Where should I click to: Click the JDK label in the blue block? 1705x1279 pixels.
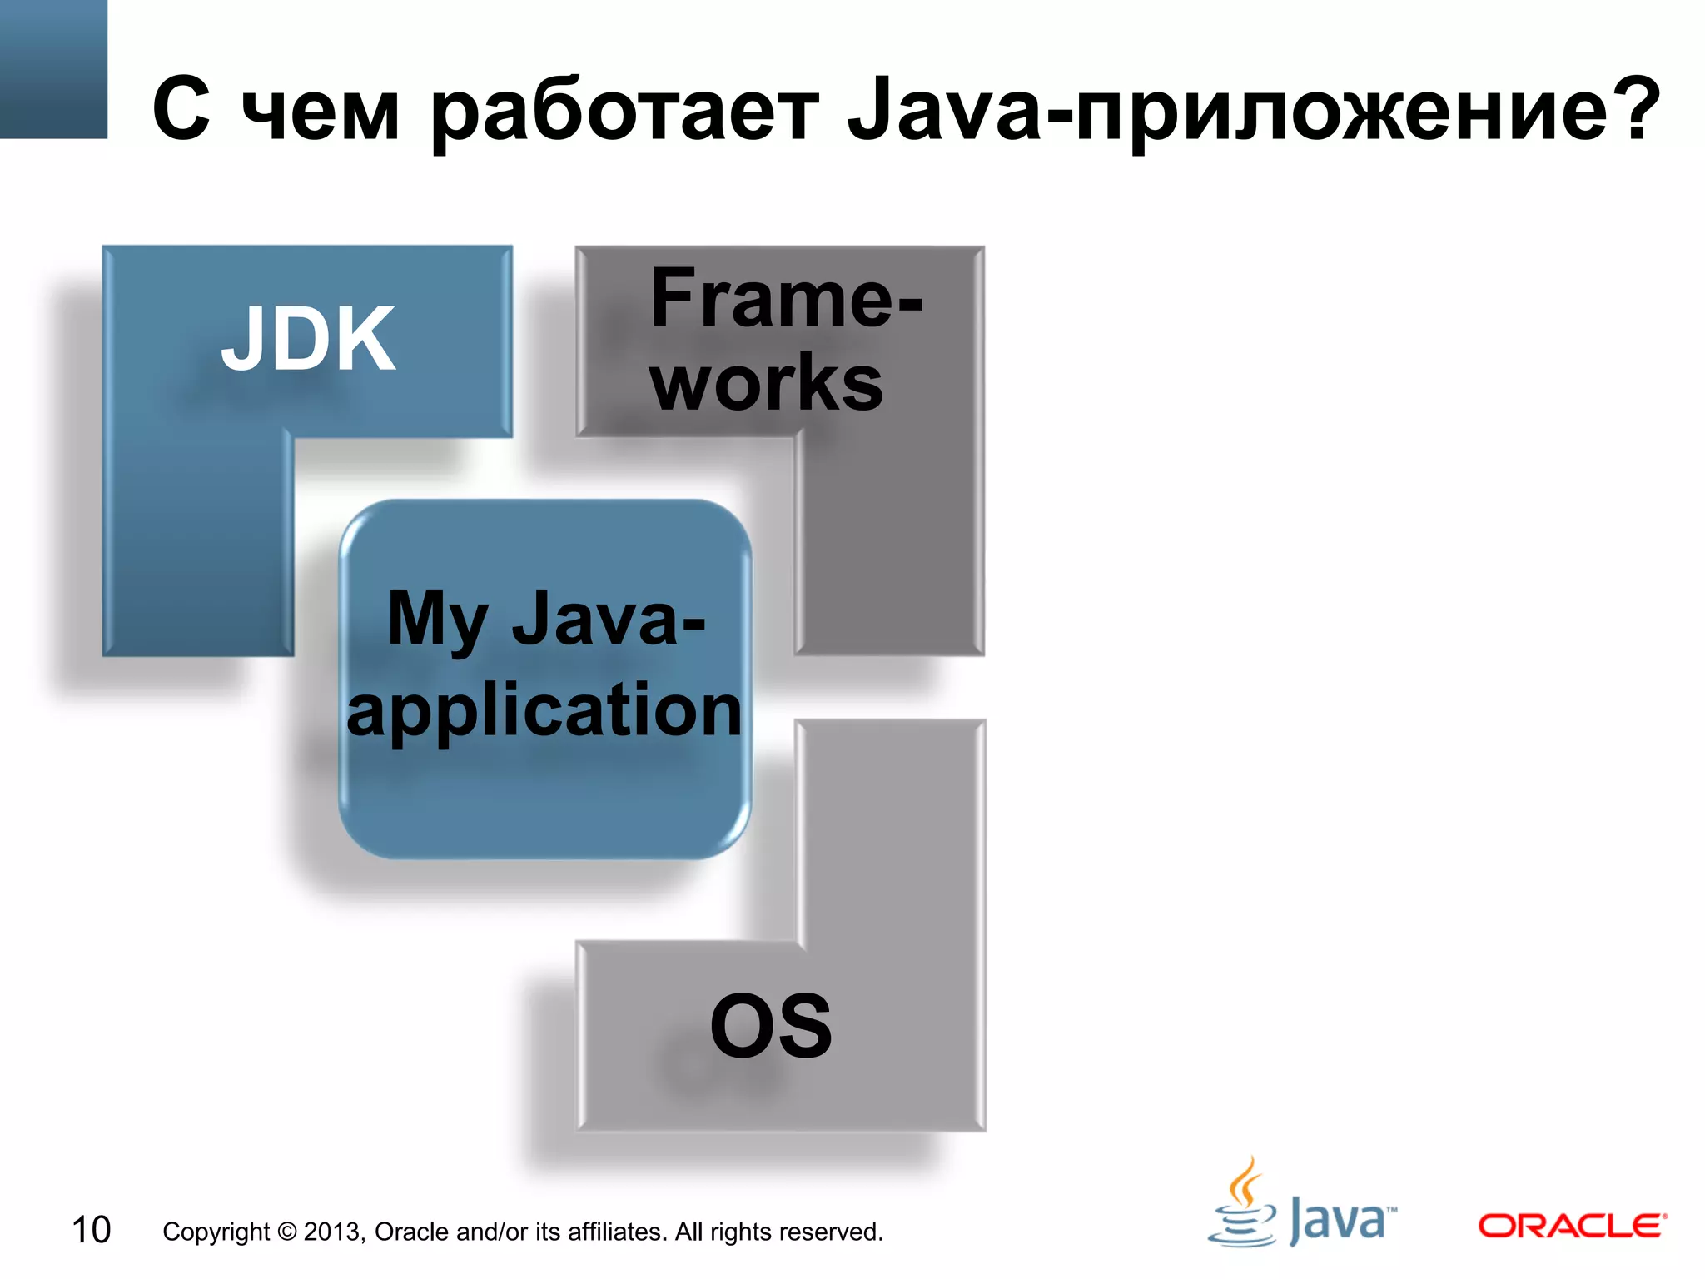pyautogui.click(x=308, y=339)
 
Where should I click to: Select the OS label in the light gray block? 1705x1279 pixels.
pyautogui.click(x=771, y=1026)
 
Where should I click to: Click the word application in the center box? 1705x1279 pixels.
pyautogui.click(x=544, y=709)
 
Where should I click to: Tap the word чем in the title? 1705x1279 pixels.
pyautogui.click(x=321, y=112)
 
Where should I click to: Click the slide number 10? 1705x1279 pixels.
pyautogui.click(x=91, y=1230)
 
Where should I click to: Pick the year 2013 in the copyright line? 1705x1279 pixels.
pyautogui.click(x=333, y=1232)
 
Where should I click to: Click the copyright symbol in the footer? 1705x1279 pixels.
pyautogui.click(x=286, y=1232)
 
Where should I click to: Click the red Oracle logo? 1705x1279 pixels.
pyautogui.click(x=1572, y=1226)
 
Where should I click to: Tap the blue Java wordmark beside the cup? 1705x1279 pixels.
pyautogui.click(x=1340, y=1221)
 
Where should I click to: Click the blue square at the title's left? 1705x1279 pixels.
pyautogui.click(x=53, y=68)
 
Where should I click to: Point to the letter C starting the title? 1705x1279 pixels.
pyautogui.click(x=181, y=108)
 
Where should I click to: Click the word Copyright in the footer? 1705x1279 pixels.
pyautogui.click(x=216, y=1232)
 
